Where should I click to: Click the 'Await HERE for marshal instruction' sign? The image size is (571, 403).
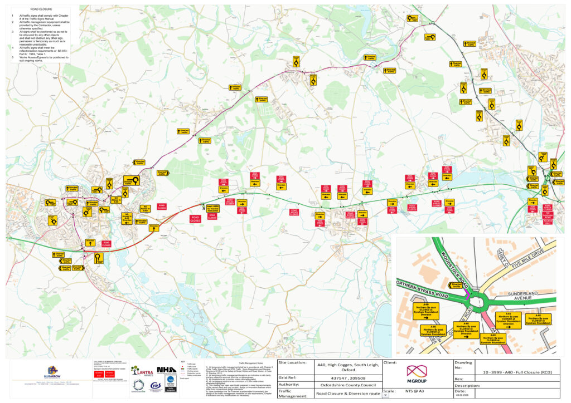point(213,208)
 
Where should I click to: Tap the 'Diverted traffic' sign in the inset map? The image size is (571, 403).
point(456,285)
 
